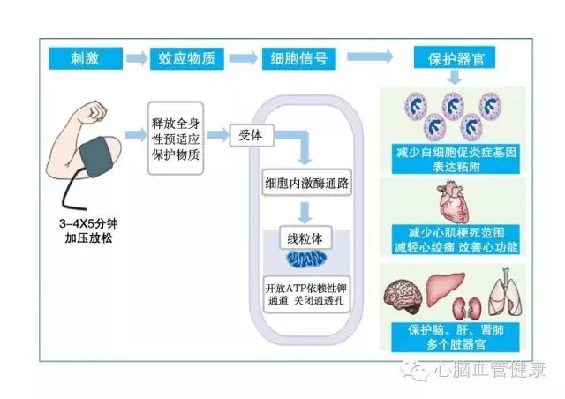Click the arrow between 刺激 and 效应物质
click(x=137, y=58)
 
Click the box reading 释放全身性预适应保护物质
click(x=176, y=136)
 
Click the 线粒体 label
click(x=301, y=238)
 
